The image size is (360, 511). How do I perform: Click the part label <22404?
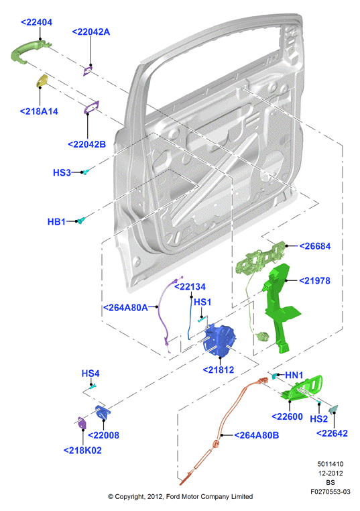[36, 23]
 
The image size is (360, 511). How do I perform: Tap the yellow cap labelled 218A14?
[42, 80]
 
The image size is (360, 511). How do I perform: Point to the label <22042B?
[86, 144]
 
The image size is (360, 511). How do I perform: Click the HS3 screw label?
[62, 172]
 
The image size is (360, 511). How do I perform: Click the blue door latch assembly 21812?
[221, 341]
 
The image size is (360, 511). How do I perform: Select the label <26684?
[314, 246]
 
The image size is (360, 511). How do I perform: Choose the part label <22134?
[190, 287]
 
